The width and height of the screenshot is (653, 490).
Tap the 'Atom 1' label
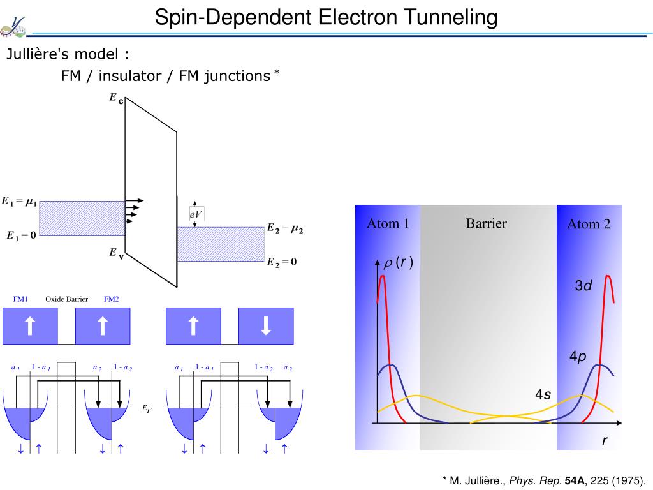[388, 223]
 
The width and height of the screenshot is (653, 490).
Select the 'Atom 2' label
[589, 224]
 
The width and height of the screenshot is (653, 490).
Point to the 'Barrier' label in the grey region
[486, 223]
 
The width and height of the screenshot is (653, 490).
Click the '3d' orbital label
[583, 286]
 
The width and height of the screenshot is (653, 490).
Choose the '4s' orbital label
[543, 396]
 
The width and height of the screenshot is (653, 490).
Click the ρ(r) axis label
[398, 262]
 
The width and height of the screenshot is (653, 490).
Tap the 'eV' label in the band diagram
[196, 215]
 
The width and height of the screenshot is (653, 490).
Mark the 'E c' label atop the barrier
[115, 99]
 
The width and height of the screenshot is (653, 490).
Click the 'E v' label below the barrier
[115, 253]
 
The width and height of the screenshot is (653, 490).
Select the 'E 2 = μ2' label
[284, 228]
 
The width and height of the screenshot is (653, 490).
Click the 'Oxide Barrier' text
[66, 299]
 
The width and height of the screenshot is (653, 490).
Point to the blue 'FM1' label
[20, 299]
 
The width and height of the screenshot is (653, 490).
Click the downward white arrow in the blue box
[266, 326]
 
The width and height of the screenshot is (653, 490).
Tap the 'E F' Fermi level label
[147, 409]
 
